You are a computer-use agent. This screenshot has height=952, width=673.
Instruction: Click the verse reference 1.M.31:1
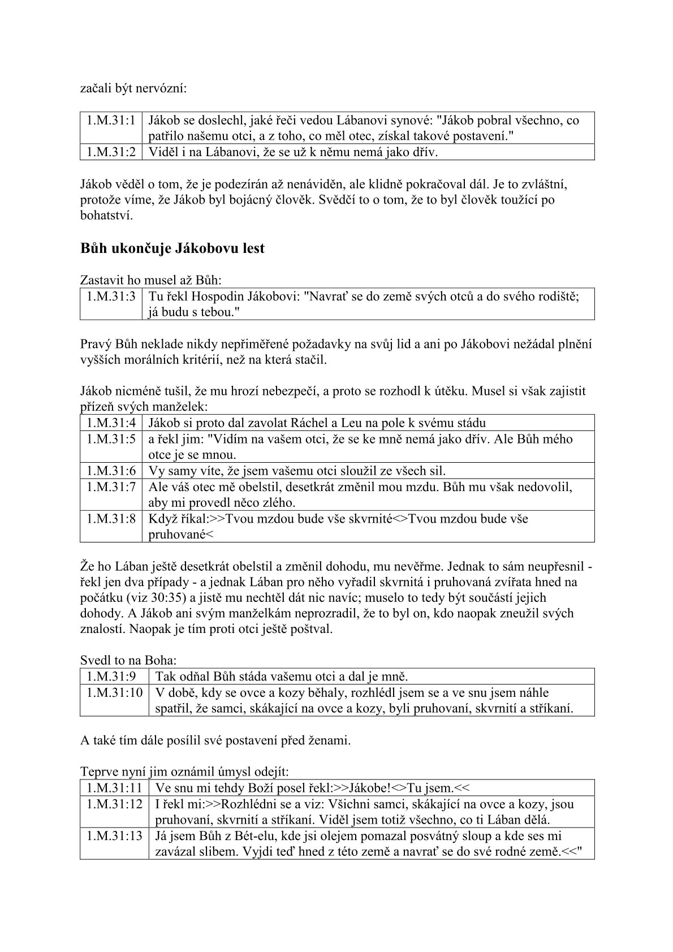coord(111,120)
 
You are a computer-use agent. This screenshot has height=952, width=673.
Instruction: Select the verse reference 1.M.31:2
coord(111,152)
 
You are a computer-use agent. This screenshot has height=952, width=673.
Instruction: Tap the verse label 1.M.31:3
coord(111,296)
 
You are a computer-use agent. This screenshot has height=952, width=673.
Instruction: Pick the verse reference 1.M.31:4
coord(111,423)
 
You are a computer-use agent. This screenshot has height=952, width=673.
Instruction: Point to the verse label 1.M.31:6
coord(111,471)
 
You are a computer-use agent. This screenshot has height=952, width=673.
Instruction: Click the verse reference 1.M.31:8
coord(111,519)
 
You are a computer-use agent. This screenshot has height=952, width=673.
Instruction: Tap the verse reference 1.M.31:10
coord(114,692)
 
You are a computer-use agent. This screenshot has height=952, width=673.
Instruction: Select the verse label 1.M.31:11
coord(114,787)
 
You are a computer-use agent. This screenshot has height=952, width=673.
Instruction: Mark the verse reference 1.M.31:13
coord(114,835)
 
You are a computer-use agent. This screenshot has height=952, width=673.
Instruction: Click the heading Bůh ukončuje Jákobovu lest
coord(172,248)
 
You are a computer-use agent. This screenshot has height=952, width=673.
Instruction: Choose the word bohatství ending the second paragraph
coord(106,216)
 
